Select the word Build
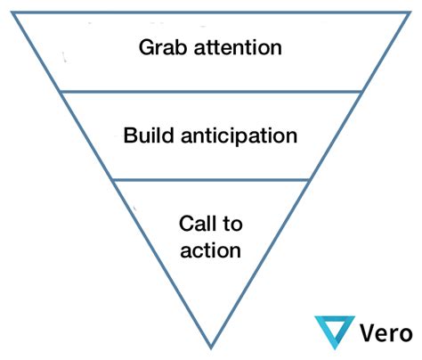[150, 136]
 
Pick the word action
[210, 250]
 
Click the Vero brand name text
[386, 332]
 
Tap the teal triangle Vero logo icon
[335, 332]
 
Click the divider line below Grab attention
[211, 91]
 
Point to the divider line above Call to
[211, 180]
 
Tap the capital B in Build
[131, 136]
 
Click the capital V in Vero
[369, 332]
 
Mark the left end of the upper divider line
[61, 91]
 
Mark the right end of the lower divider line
[310, 180]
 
